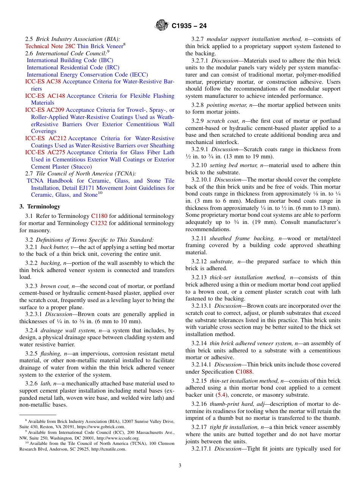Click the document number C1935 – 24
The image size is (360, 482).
(x=189, y=26)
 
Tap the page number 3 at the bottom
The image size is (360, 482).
(x=180, y=466)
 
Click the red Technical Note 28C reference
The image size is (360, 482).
(x=50, y=46)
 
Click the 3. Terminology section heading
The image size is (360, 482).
(x=40, y=207)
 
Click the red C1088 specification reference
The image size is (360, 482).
(x=244, y=372)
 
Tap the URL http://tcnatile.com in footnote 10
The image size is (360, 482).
(x=107, y=449)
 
